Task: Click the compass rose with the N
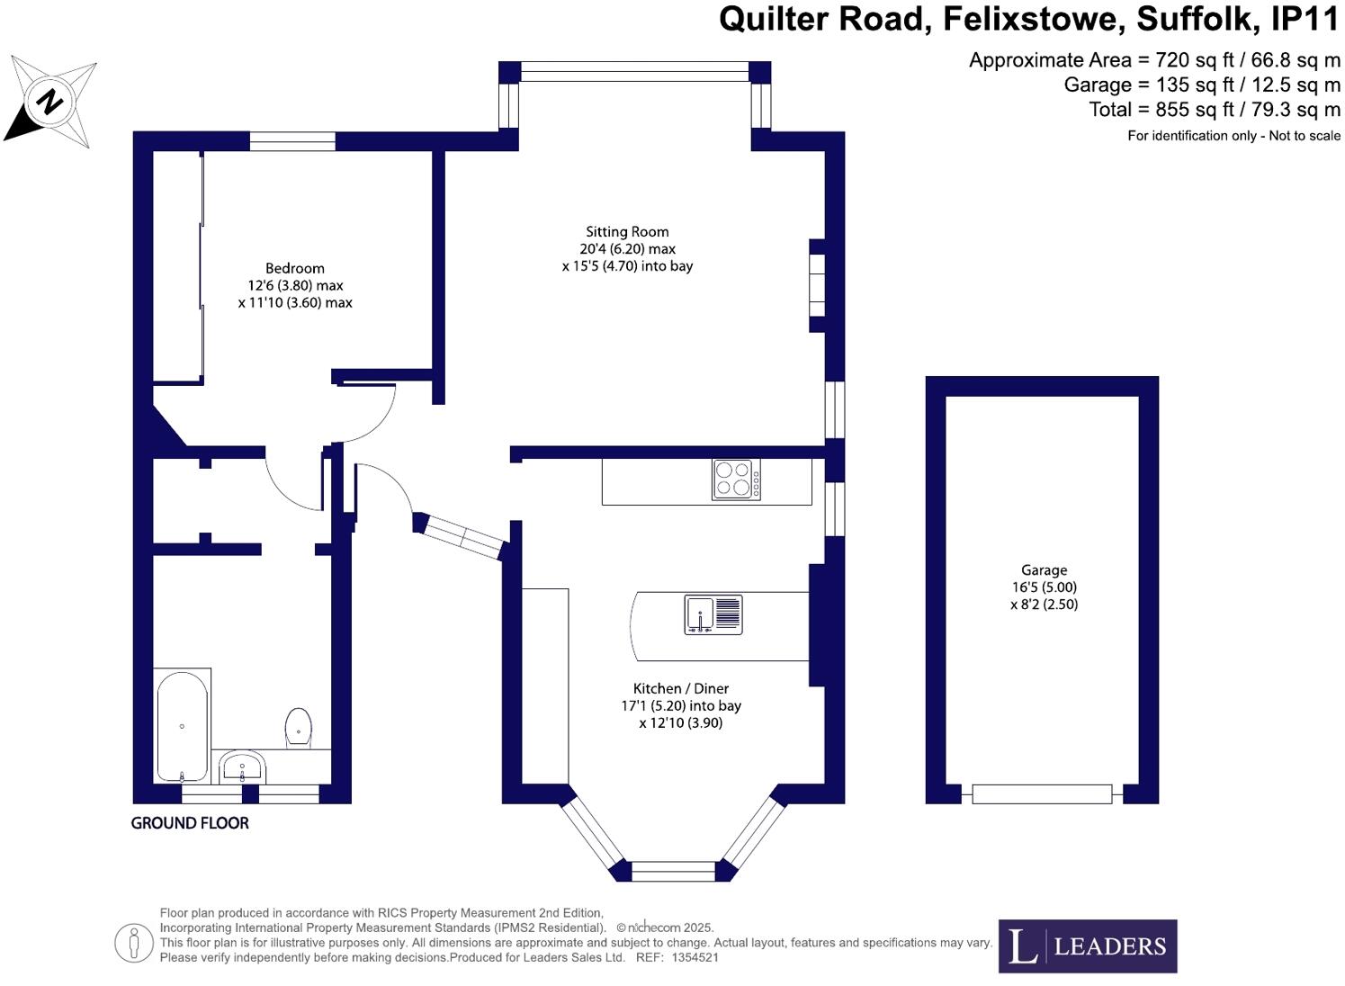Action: pos(52,101)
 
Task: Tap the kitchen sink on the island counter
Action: pos(713,614)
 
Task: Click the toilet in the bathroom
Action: pos(299,727)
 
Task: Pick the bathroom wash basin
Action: pos(242,767)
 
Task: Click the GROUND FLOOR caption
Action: pos(190,823)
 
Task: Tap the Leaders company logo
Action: pos(1087,946)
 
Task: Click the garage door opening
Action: pos(1042,794)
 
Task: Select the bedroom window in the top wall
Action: pos(292,141)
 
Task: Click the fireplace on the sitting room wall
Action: pos(817,285)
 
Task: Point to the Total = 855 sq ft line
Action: pos(1214,110)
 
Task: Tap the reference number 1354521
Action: pos(695,958)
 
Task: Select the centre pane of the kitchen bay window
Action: pos(674,871)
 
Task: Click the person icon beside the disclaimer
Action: pos(133,943)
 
